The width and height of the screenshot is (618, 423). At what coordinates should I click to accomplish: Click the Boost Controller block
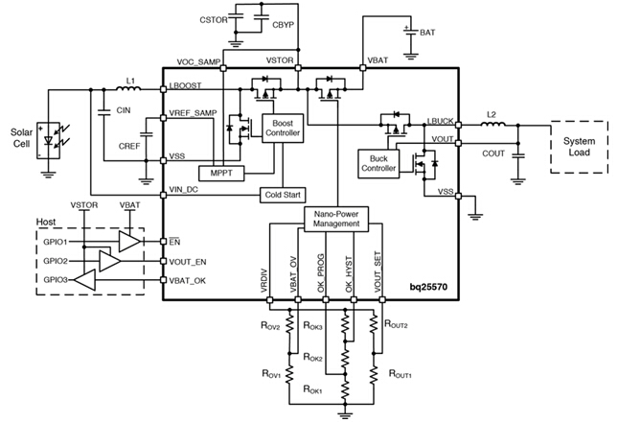tap(283, 129)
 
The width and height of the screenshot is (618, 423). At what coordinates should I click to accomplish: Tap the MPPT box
tap(221, 173)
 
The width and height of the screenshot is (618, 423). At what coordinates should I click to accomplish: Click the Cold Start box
tap(281, 194)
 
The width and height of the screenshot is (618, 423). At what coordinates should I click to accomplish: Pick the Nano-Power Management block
tap(334, 218)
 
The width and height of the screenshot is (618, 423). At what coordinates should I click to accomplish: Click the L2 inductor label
tap(492, 115)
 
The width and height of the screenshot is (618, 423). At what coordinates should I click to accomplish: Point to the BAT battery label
tap(426, 33)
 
